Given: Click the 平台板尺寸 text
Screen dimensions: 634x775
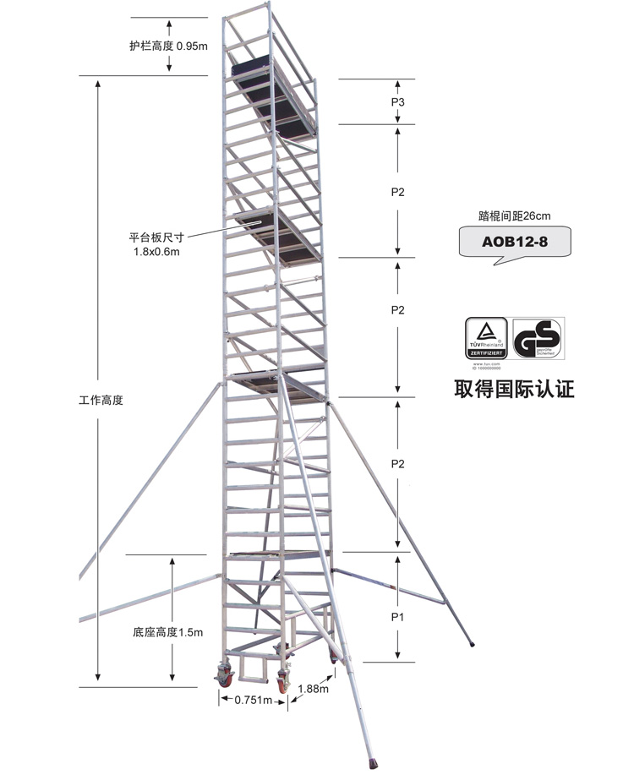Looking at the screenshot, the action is (156, 238).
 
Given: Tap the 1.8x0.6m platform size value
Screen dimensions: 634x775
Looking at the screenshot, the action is (156, 251).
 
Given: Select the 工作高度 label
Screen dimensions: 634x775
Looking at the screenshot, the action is (101, 400).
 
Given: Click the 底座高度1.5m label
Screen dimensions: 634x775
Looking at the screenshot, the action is (168, 631).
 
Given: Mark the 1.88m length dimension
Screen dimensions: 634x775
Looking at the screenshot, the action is (313, 689).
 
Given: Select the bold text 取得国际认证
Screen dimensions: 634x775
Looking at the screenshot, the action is (514, 390).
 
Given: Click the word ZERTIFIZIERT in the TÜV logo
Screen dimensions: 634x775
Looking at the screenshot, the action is (486, 352).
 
